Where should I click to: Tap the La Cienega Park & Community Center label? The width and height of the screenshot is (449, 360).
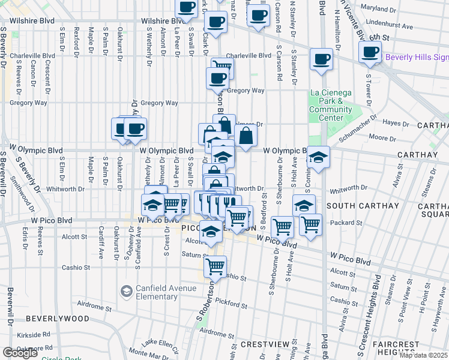[331, 105]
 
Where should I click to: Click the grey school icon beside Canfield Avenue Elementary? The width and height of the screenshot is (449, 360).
[127, 292]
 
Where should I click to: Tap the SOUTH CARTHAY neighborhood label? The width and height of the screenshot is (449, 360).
[363, 206]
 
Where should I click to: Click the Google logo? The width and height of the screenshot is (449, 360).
[20, 353]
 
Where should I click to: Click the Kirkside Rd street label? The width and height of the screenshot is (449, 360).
[33, 334]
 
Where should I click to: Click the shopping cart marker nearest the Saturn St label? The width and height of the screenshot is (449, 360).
[215, 265]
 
